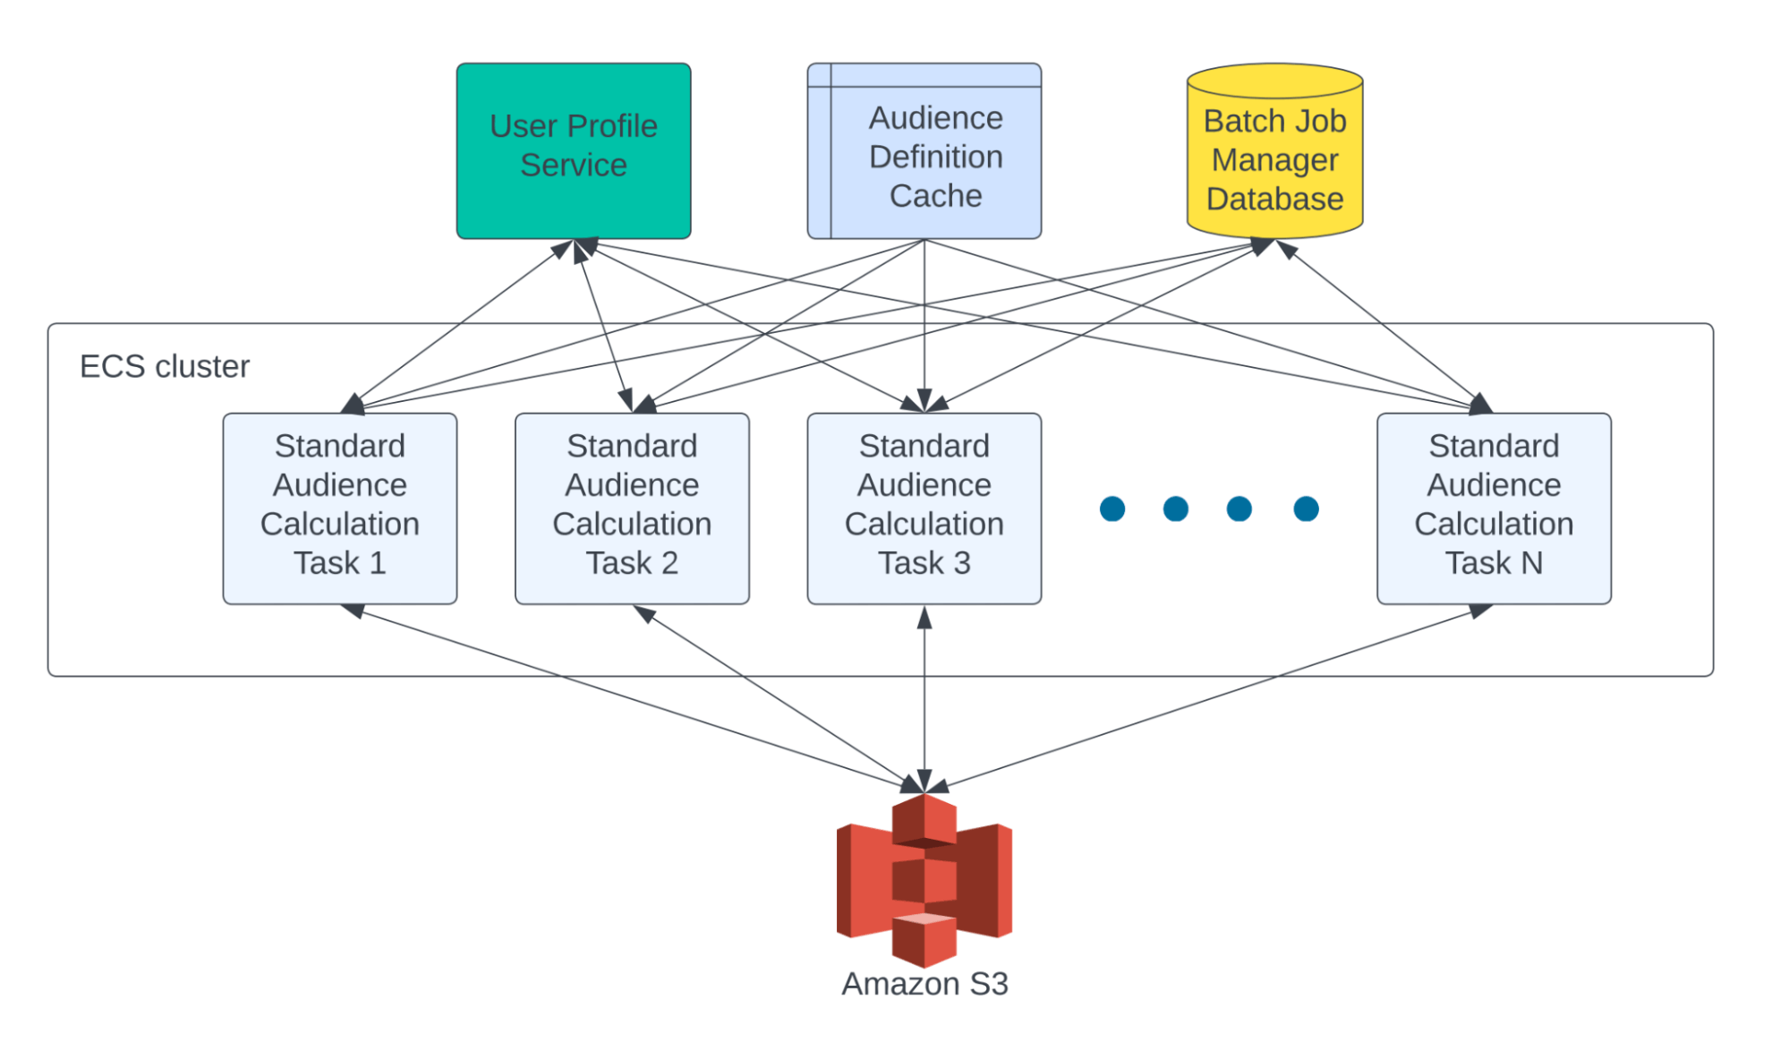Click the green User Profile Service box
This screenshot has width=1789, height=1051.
point(574,150)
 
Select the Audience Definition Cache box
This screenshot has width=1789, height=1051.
point(924,150)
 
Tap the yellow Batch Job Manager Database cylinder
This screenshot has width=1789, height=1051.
point(1274,150)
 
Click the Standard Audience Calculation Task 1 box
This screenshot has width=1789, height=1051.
point(340,508)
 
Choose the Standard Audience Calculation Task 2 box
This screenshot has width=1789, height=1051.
point(632,508)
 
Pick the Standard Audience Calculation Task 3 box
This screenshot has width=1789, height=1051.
point(924,508)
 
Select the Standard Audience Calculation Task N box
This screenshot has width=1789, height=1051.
point(1494,508)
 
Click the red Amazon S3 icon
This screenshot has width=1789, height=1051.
point(924,880)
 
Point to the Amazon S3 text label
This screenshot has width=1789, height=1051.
point(924,984)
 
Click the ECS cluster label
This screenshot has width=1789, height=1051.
point(165,366)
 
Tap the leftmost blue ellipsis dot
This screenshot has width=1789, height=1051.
point(1112,508)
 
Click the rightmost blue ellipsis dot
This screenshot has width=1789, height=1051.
point(1306,508)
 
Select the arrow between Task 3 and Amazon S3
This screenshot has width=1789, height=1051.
point(924,699)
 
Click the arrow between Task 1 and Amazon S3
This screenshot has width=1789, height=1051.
point(632,699)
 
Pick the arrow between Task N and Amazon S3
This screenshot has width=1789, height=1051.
point(1209,699)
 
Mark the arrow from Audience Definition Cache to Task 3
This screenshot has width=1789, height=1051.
point(924,326)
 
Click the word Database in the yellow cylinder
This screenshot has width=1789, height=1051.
point(1274,199)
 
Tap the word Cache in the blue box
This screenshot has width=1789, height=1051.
point(935,195)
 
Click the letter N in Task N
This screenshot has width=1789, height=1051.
point(1531,563)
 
